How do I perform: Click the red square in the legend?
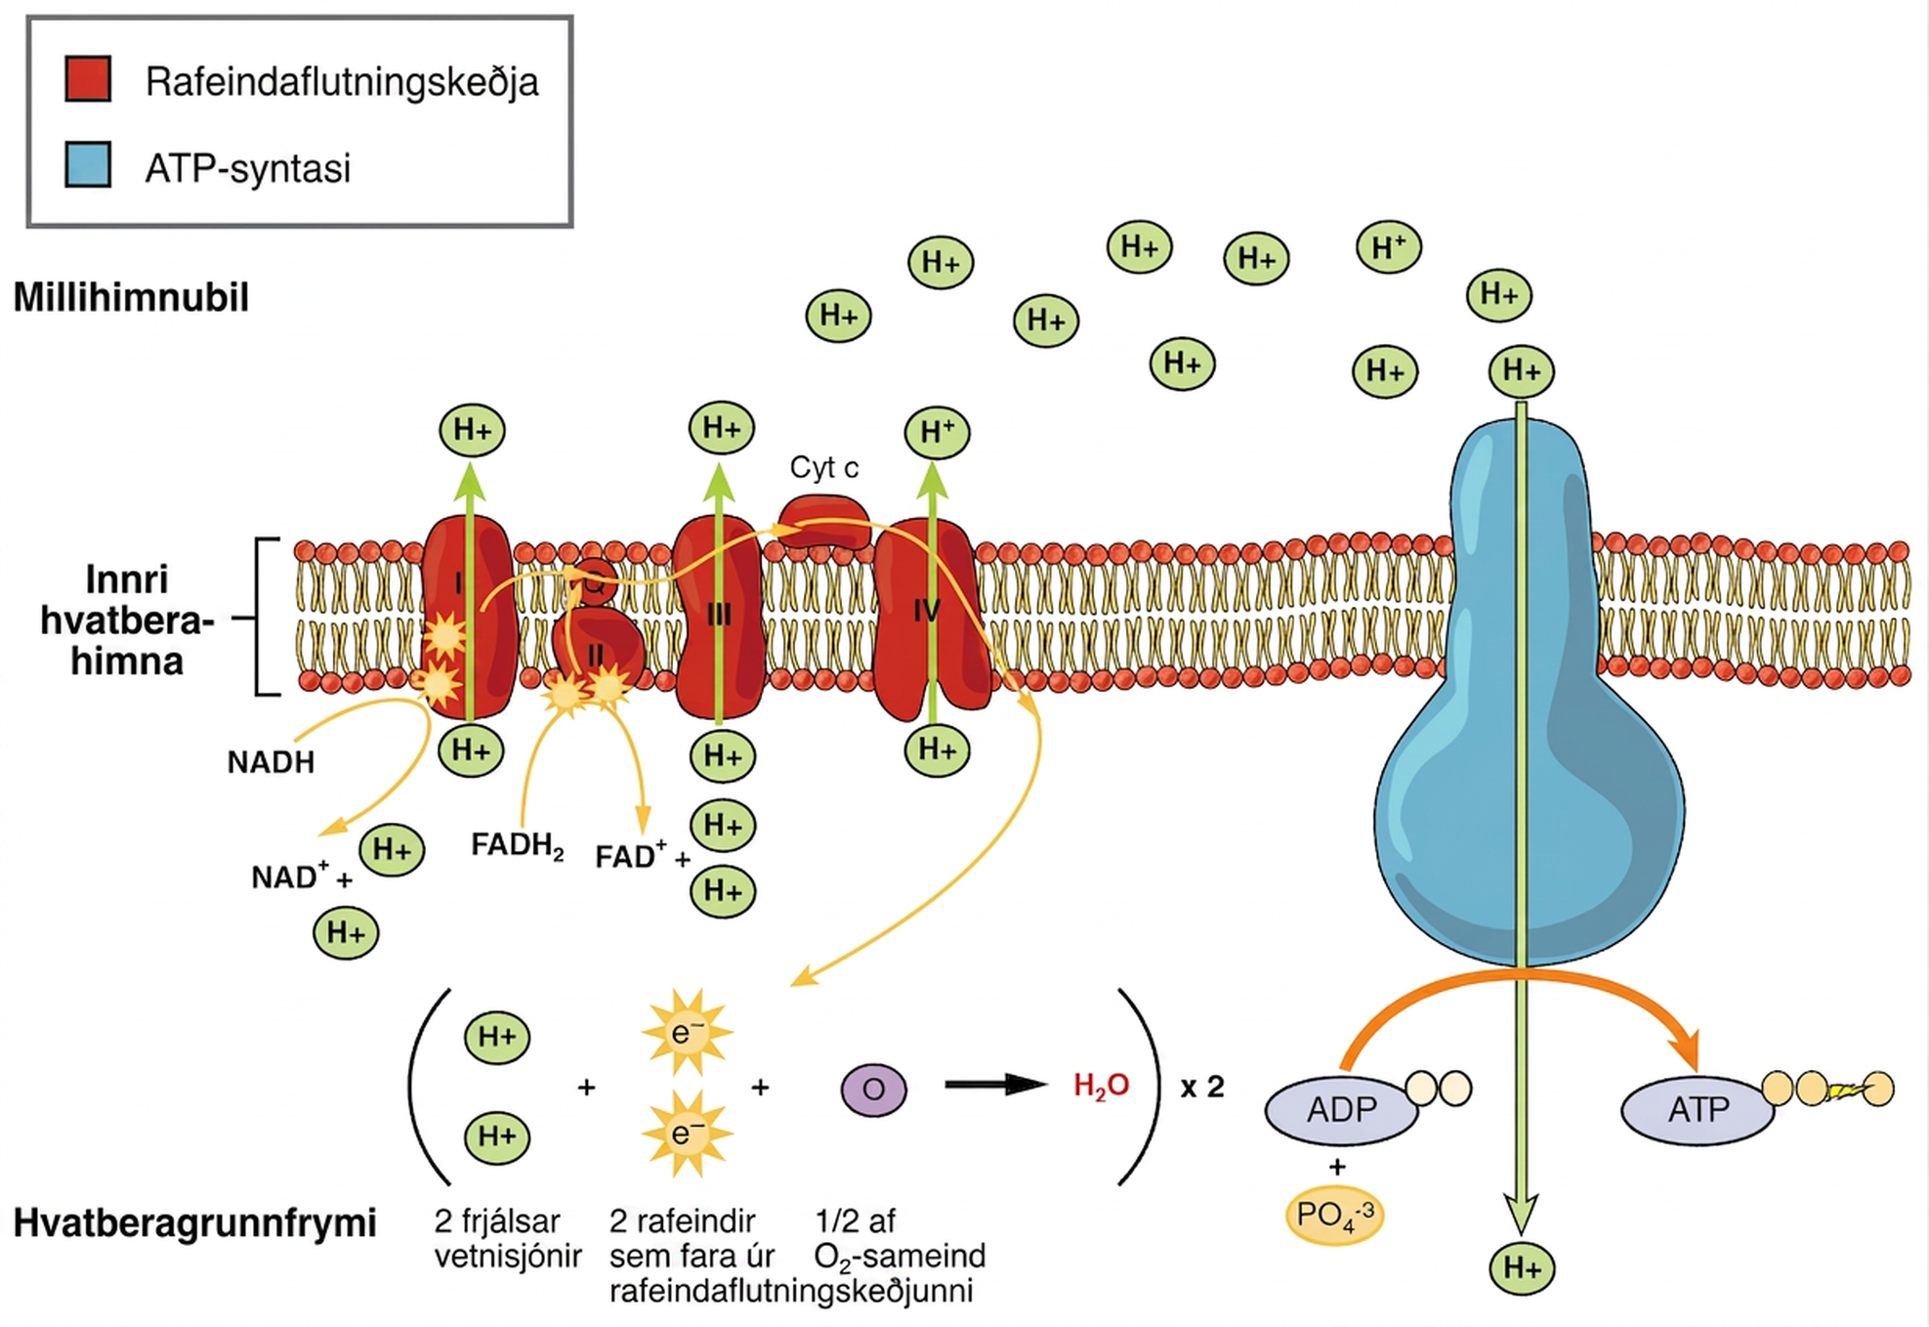pos(88,79)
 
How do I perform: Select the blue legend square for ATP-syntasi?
pos(88,164)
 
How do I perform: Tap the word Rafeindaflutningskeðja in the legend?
pos(342,82)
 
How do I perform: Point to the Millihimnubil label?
pos(131,297)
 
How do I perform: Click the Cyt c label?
pos(824,468)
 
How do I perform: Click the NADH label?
pos(271,762)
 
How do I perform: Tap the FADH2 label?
pos(518,845)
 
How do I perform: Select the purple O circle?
pos(873,1089)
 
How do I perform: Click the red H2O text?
pos(1101,1087)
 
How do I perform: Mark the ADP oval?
pos(1341,1110)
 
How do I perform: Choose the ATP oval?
pos(1698,1110)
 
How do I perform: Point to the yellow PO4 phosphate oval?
pos(1335,1216)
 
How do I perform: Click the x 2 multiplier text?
pos(1202,1087)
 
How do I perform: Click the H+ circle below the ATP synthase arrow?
pos(1522,1268)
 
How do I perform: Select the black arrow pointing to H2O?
pos(995,1085)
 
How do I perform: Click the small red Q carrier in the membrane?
pos(594,583)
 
